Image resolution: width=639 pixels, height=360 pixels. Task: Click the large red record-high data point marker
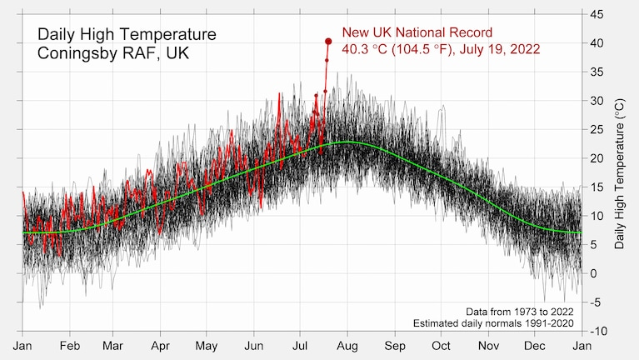(x=328, y=41)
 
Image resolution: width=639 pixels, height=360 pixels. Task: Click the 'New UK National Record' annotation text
(x=417, y=32)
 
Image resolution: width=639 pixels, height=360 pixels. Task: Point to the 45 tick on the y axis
(x=597, y=14)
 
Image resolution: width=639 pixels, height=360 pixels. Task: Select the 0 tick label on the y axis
(x=594, y=273)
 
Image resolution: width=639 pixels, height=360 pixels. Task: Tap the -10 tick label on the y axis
(x=597, y=332)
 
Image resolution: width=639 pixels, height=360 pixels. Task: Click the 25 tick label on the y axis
(x=597, y=129)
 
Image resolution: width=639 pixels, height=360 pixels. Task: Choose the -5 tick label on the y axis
(x=596, y=302)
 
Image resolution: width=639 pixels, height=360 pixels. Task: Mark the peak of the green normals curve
(x=348, y=142)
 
